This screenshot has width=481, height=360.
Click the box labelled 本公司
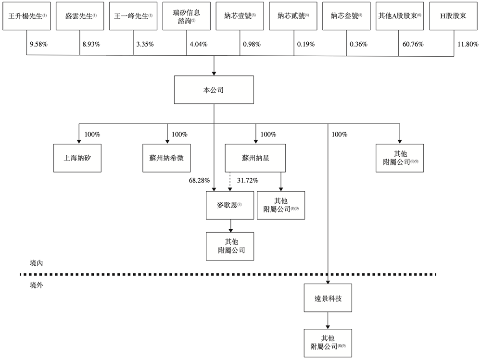[214, 89]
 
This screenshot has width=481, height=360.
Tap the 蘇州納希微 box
[167, 158]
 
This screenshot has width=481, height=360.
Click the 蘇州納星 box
[255, 158]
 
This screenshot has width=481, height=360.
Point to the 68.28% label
[200, 180]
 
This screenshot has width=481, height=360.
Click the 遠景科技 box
[328, 298]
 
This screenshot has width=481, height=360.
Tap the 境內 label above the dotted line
[37, 263]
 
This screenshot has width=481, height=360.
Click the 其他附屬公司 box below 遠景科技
[328, 343]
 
